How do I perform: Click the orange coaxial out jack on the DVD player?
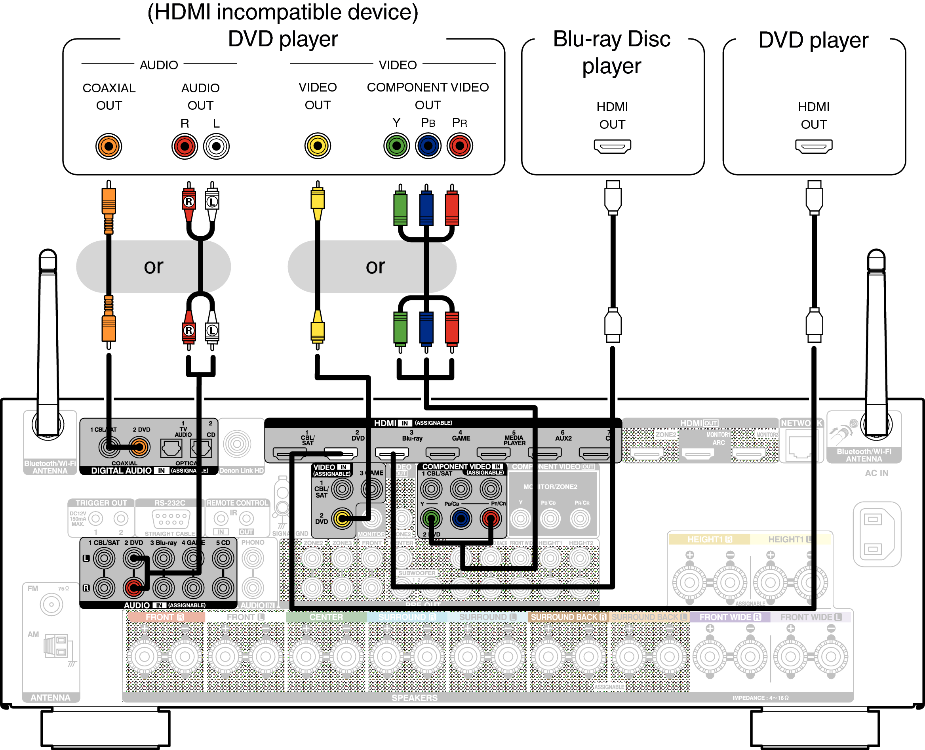[108, 146]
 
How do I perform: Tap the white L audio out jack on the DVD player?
[216, 146]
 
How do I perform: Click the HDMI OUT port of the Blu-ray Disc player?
[612, 146]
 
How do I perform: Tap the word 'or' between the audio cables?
[153, 266]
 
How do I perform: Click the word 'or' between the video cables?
[375, 266]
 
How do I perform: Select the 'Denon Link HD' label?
[242, 470]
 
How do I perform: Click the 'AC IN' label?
[876, 473]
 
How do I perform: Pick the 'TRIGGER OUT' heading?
[101, 503]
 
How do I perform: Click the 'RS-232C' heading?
[170, 503]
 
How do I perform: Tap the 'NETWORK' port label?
[801, 424]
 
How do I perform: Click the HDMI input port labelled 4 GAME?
[442, 454]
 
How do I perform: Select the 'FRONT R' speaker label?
[165, 617]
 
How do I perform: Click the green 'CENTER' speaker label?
[326, 617]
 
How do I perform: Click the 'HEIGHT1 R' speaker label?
[710, 539]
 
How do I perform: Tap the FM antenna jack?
[51, 605]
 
